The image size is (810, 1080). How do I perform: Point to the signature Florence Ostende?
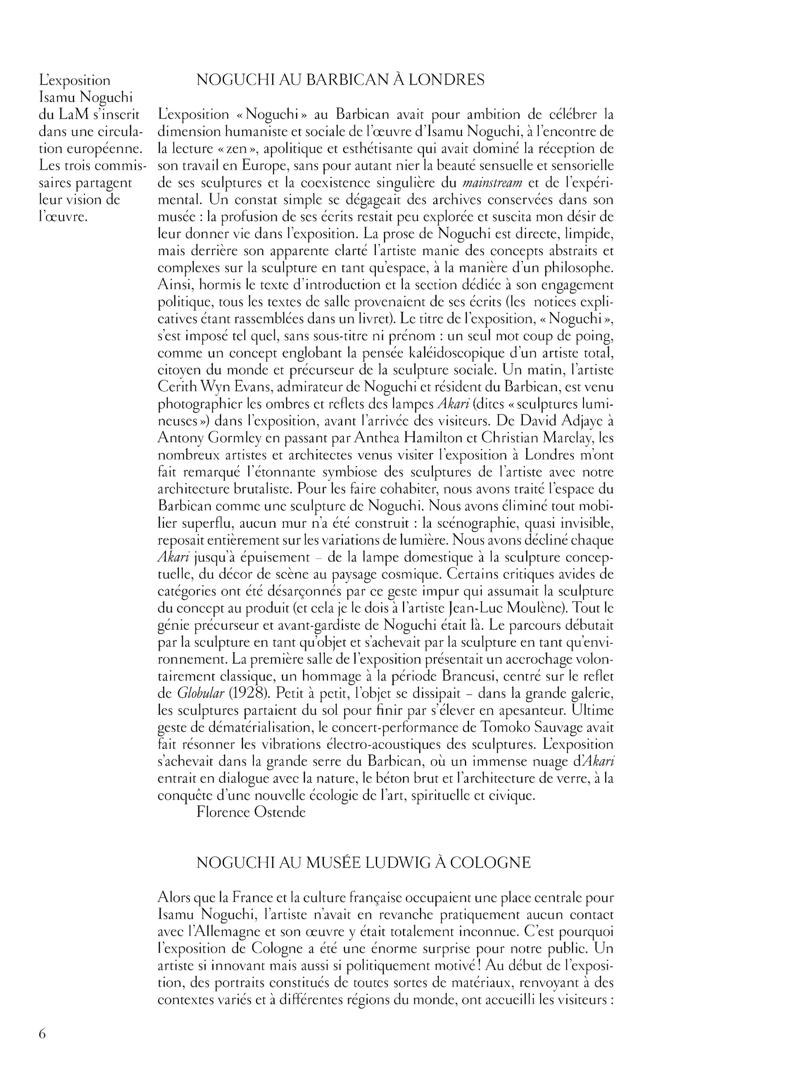click(251, 812)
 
